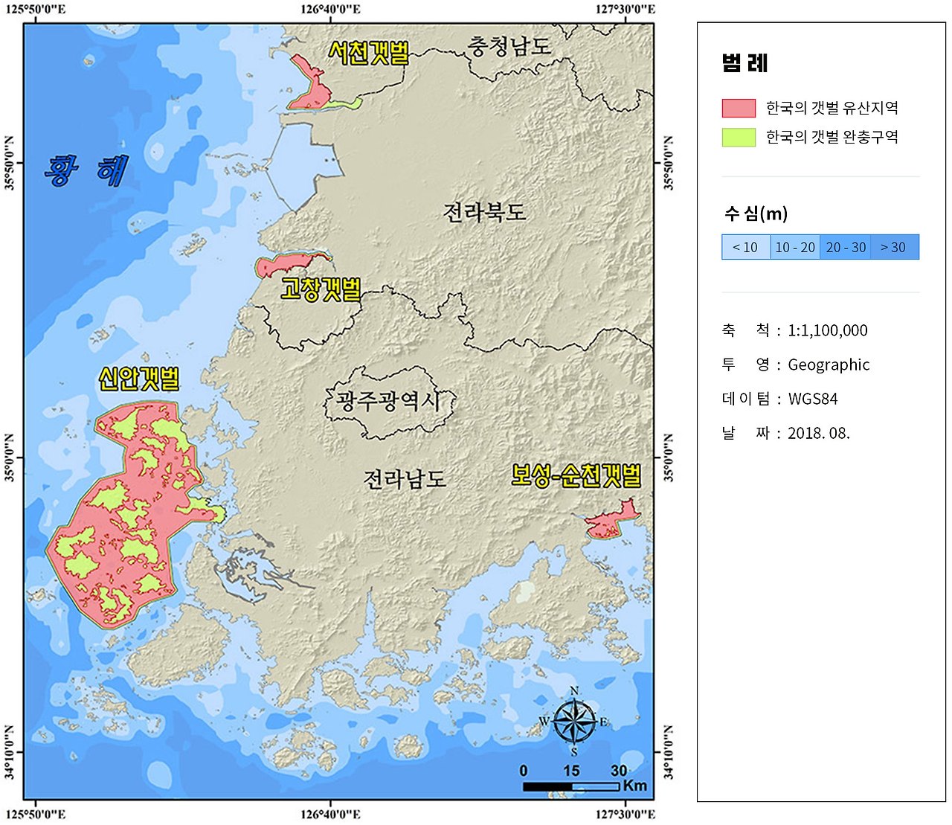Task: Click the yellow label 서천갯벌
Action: click(369, 53)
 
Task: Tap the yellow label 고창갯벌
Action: click(321, 289)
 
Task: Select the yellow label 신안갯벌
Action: click(139, 379)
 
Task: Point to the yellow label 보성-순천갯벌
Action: click(576, 475)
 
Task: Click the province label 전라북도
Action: click(484, 213)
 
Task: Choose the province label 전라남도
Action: click(405, 478)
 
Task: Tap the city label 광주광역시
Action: click(388, 402)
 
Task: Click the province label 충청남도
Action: click(509, 46)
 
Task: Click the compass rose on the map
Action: click(574, 721)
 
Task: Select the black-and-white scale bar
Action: click(570, 786)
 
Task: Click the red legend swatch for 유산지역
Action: click(739, 108)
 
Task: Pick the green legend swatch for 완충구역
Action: click(739, 137)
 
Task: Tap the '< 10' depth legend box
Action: click(745, 247)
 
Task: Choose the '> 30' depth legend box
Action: click(894, 247)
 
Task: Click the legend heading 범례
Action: click(744, 63)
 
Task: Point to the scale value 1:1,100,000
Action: click(828, 330)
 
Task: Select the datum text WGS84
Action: click(813, 399)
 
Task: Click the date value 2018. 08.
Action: click(819, 433)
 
